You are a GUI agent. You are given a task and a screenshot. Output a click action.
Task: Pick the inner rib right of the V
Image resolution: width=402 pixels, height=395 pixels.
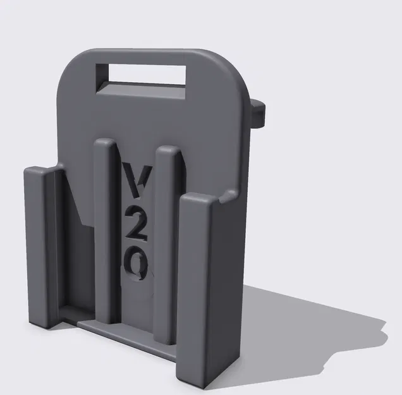coord(169,240)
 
